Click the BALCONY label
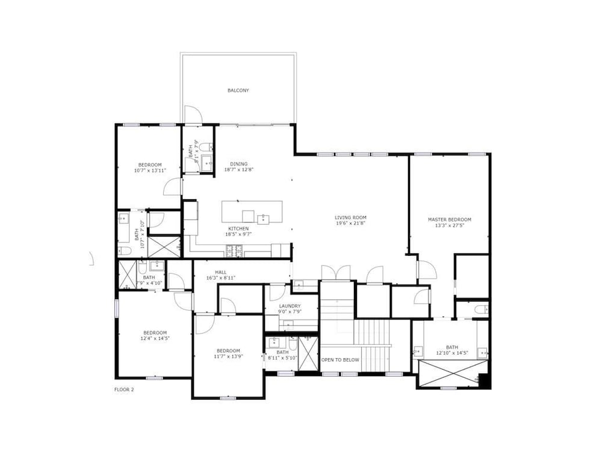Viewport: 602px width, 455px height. click(x=238, y=91)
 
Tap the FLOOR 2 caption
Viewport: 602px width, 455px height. click(x=124, y=389)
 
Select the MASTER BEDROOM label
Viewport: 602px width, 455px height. click(x=450, y=220)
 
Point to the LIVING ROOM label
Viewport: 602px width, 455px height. click(x=350, y=217)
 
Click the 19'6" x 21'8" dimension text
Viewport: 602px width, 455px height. click(x=350, y=223)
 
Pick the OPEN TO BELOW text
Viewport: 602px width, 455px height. click(x=340, y=360)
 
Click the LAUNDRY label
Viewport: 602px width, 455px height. click(x=290, y=306)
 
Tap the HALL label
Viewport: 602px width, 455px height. click(x=221, y=272)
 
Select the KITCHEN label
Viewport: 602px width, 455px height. click(x=238, y=229)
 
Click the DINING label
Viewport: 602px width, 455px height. click(x=239, y=164)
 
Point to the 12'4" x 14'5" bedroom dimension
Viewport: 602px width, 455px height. click(x=155, y=338)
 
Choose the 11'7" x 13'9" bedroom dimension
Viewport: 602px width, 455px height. click(x=228, y=356)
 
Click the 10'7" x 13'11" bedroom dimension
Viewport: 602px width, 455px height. click(x=150, y=170)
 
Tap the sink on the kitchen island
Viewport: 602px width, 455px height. click(x=263, y=218)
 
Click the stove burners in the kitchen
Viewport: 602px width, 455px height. click(x=234, y=251)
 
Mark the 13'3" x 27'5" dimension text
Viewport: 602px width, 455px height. click(x=450, y=225)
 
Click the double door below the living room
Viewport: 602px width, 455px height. click(x=336, y=273)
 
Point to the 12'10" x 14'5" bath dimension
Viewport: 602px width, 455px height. click(x=452, y=353)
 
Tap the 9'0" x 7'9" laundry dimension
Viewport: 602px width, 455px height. click(x=290, y=311)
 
